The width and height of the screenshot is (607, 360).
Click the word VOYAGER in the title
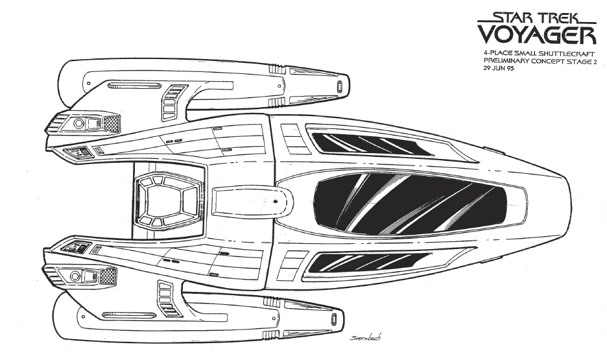pyautogui.click(x=537, y=35)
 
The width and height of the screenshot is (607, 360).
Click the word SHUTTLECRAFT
pyautogui.click(x=564, y=53)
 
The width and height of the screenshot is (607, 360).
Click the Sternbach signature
pyautogui.click(x=366, y=337)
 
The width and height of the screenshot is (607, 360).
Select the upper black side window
pyautogui.click(x=372, y=145)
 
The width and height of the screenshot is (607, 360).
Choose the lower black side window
pyautogui.click(x=370, y=262)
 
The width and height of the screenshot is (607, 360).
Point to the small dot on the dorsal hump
pyautogui.click(x=275, y=202)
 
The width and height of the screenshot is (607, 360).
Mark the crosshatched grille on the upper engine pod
pyautogui.click(x=111, y=124)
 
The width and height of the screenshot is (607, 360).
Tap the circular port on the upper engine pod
pyautogui.click(x=79, y=123)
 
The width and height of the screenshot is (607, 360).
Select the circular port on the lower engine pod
pyautogui.click(x=75, y=276)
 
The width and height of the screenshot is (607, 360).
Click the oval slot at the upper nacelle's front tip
pyautogui.click(x=340, y=86)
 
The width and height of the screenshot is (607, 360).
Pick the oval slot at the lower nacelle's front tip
pyautogui.click(x=335, y=319)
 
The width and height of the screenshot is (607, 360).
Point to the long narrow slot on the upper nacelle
pyautogui.click(x=134, y=85)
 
